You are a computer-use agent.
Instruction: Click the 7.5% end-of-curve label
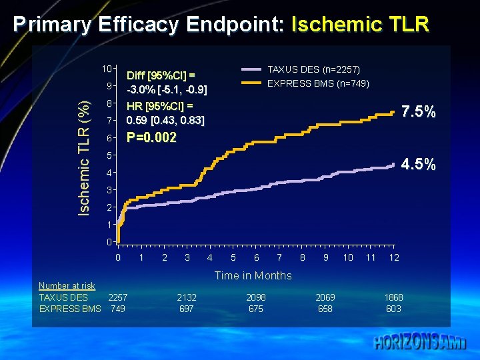coord(419,112)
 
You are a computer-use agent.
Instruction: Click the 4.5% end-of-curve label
coord(419,164)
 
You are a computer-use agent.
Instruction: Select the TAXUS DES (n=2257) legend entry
coord(313,69)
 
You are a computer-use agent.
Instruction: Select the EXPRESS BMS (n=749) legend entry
coord(317,83)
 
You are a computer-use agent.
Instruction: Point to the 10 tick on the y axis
coord(106,69)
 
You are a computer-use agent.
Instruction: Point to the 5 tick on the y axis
coord(109,155)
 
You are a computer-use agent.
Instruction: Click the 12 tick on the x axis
coord(394,257)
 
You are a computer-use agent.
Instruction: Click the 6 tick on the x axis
coord(256,257)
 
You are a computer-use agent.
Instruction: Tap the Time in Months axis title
coord(253,275)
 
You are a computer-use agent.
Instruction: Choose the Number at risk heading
coord(67,285)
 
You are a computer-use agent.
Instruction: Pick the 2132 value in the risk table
coord(187,297)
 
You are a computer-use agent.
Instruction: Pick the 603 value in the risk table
coord(393,309)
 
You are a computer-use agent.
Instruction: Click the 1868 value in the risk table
coord(393,297)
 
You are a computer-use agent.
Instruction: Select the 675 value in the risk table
coord(255,309)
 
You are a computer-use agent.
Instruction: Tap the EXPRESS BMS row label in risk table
coord(70,309)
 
